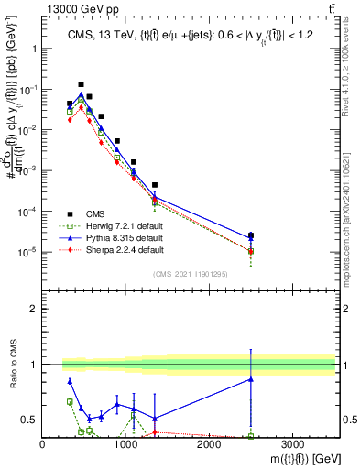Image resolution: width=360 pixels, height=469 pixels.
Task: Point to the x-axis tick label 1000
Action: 125,444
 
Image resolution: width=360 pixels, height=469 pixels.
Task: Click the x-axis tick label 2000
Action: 209,444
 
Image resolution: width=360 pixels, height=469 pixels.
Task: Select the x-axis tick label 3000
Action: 292,444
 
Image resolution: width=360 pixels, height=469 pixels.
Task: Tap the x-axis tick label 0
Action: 43,444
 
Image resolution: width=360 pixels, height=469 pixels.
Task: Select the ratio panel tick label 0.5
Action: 27,420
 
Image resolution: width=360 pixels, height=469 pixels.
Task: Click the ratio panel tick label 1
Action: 32,365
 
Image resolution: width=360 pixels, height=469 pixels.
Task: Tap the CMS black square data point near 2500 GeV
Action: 251,235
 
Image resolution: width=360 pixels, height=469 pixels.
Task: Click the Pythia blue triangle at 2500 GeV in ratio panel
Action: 251,379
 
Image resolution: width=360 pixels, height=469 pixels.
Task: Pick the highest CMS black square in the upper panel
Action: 81,84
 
